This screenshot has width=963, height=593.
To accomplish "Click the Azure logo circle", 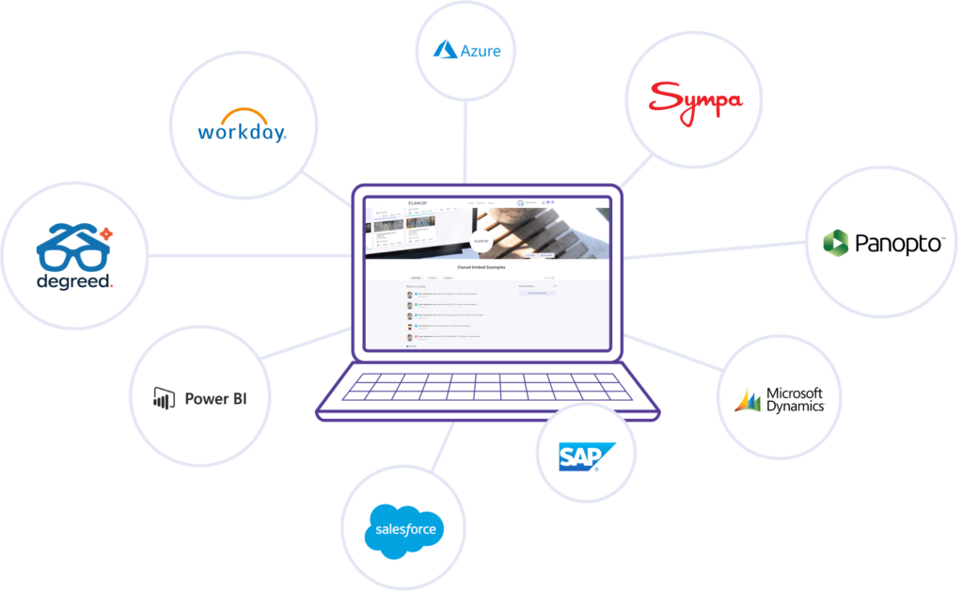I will coord(466,50).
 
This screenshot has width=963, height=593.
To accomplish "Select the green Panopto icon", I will coord(835,243).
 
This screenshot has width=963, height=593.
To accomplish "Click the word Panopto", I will coord(899,244).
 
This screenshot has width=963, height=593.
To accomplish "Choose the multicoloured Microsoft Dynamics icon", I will coord(749,400).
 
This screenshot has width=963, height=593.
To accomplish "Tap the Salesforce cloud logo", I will coord(403,529).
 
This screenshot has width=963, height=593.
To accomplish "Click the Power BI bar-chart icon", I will coord(165,398).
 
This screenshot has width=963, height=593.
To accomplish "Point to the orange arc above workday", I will coord(242,112).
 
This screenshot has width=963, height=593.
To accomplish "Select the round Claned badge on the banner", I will coord(481,241).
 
